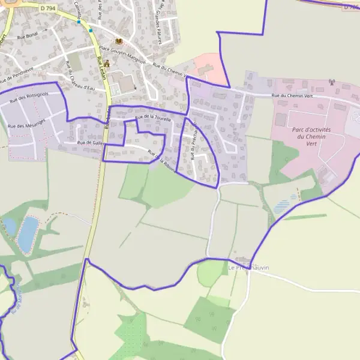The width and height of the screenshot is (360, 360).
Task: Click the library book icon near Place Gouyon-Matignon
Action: pos(118,41)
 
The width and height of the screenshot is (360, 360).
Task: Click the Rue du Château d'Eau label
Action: pos(80,76)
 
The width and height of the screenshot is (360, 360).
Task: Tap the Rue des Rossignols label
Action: pos(29,97)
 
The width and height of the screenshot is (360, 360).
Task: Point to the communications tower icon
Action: pos(331,83)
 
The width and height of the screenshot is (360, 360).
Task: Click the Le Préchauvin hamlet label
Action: pos(249,267)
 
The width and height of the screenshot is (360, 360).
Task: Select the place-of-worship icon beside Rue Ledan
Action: pos(107,64)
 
